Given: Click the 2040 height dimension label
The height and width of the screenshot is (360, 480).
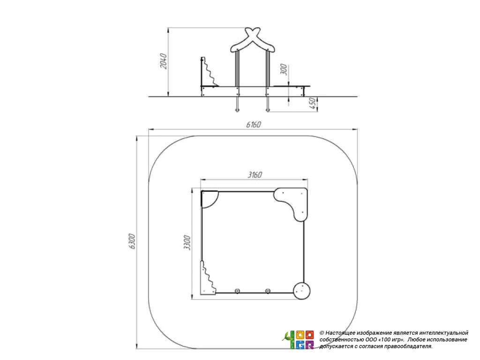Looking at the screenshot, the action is tap(164, 61).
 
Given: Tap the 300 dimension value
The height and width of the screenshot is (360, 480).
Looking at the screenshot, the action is tap(284, 69).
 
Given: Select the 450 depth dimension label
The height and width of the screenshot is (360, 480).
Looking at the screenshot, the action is tap(313, 104).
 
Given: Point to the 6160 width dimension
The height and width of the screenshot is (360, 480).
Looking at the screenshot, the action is tap(254, 125).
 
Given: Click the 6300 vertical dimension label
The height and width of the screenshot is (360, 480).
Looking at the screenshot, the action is tap(132, 241).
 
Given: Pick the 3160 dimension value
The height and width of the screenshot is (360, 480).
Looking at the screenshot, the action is tap(255, 175).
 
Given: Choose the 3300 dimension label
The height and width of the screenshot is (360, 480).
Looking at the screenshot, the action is tap(187, 243).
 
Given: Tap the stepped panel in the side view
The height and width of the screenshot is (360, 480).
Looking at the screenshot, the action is tap(209, 72).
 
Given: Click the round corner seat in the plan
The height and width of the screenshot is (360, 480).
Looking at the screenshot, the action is tap(302, 291).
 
